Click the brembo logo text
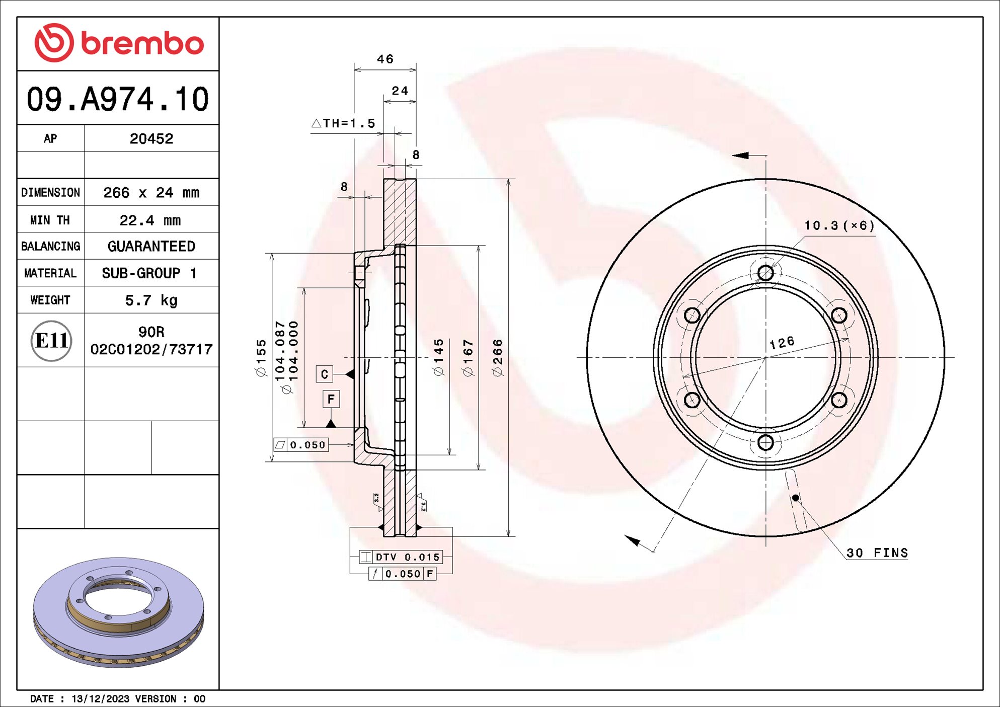pos(142,44)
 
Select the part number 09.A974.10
pos(117,99)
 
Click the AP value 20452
pos(151,139)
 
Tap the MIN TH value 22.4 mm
pos(150,220)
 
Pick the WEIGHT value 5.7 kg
pos(151,300)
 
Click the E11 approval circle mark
pos(51,341)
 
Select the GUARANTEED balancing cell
pos(151,247)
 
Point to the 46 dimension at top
pos(385,59)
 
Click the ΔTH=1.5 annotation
pos(344,123)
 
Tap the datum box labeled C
pos(324,374)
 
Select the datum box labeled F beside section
pos(331,399)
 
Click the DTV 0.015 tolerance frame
pos(401,557)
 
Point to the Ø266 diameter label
pos(498,358)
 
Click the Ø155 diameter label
pos(261,358)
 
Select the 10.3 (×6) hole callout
pos(839,225)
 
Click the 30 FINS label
pos(877,553)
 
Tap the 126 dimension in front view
pos(782,343)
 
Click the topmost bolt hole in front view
pos(765,273)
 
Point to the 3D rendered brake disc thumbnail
pos(118,611)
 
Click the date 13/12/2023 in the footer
pos(100,698)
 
